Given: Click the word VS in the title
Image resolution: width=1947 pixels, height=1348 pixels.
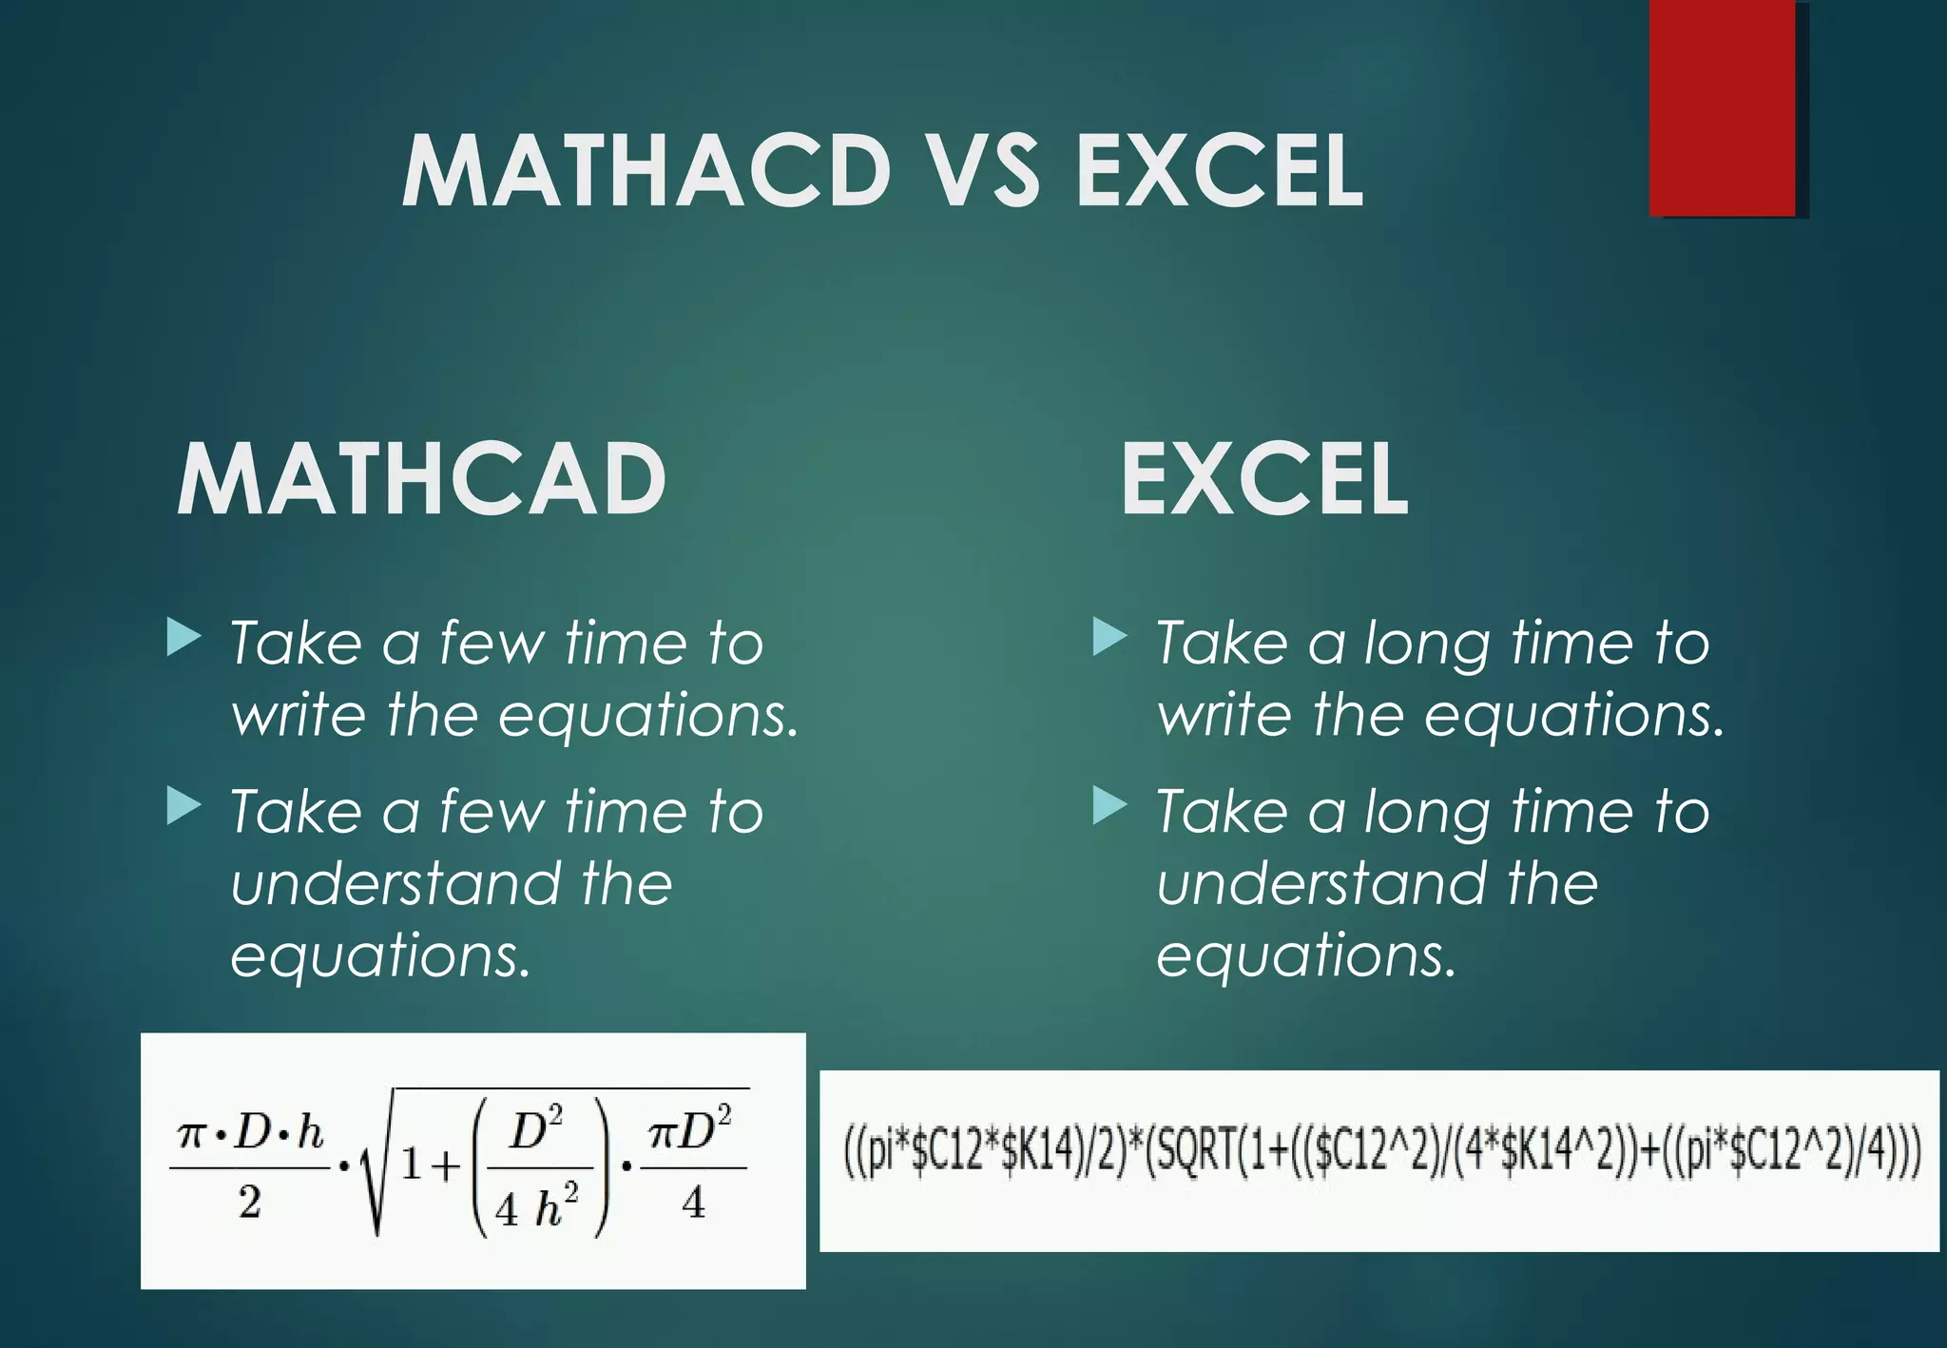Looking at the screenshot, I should tap(983, 171).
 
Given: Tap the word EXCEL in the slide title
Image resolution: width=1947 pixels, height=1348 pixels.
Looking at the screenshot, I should tap(1221, 171).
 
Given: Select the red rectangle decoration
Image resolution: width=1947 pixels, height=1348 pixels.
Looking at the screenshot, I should tap(1723, 106).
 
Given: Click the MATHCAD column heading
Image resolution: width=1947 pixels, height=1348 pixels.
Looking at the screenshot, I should tap(421, 480).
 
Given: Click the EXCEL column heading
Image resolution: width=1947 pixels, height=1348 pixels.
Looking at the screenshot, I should tap(1263, 480).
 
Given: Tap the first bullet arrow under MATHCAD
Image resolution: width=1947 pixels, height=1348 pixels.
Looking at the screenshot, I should tap(183, 637).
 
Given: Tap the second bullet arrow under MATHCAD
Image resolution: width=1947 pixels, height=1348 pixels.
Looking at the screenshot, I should tap(183, 806).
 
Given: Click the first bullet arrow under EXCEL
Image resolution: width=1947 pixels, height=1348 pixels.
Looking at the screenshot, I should tap(1108, 637).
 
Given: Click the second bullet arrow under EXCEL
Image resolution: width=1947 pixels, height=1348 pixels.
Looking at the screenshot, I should tap(1108, 806).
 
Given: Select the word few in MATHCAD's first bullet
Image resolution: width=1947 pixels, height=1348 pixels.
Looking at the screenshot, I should tap(492, 644).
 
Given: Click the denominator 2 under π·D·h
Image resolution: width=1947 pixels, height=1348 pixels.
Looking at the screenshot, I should tap(249, 1203).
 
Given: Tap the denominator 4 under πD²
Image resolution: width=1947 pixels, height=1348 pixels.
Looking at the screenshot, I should tap(693, 1203).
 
